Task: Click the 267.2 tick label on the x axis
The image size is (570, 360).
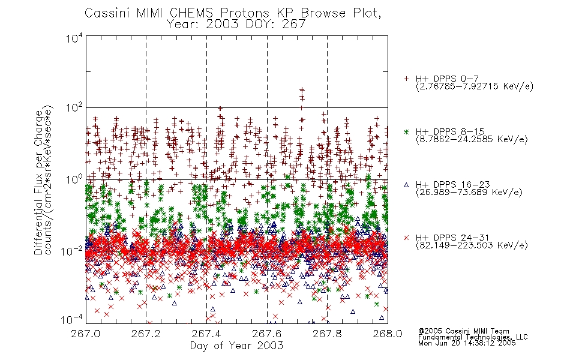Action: [x=146, y=334]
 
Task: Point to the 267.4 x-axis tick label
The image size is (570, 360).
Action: [x=206, y=334]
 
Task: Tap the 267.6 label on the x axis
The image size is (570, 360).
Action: [x=266, y=334]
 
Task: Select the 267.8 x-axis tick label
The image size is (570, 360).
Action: [x=327, y=334]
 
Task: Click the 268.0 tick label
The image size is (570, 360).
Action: [x=388, y=334]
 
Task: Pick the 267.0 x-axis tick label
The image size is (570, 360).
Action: [x=85, y=334]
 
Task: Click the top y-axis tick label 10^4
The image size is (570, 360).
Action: [x=74, y=38]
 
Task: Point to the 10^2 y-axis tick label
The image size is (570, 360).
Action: [x=74, y=108]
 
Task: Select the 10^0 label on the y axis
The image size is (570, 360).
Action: [x=74, y=179]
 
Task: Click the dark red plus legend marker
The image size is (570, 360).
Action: [x=406, y=79]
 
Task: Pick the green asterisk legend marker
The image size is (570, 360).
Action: [x=406, y=131]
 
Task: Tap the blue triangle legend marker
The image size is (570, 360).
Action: [x=406, y=185]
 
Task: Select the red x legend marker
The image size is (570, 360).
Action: [x=406, y=238]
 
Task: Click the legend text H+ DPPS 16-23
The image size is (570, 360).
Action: [x=452, y=184]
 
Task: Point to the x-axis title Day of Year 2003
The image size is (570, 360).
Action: [x=236, y=346]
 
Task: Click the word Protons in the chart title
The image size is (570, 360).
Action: [x=245, y=13]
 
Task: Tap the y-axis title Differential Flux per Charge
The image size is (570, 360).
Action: [x=39, y=182]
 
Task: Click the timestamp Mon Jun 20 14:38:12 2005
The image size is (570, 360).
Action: [x=467, y=343]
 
